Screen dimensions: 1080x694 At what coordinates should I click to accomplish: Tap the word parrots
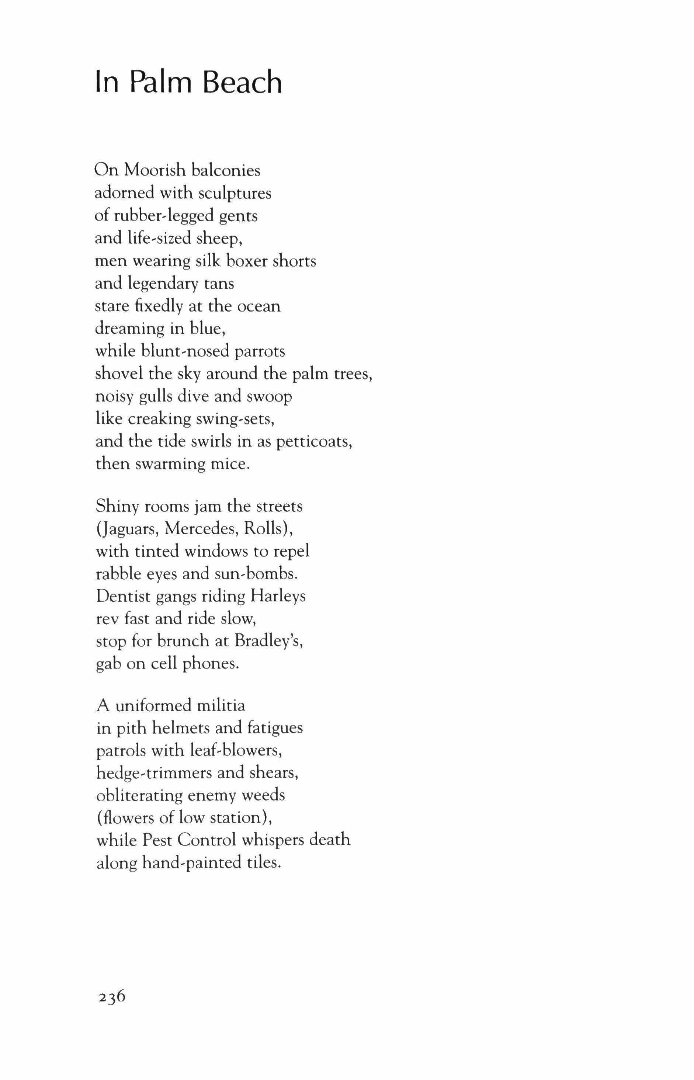[260, 351]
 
